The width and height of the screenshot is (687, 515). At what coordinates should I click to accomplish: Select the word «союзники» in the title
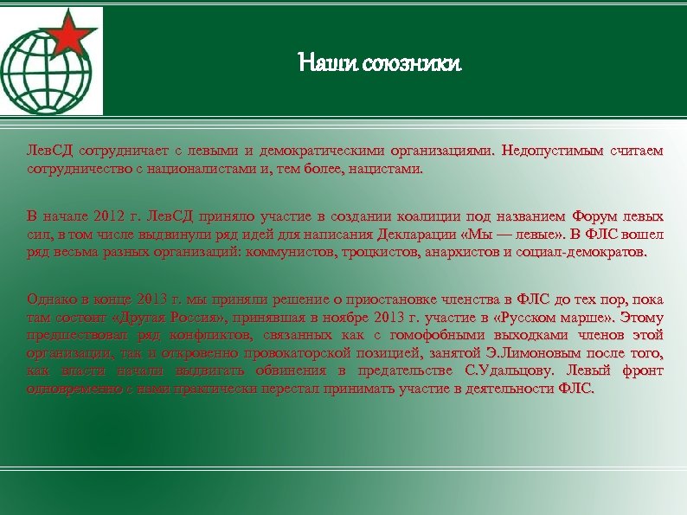coord(408,63)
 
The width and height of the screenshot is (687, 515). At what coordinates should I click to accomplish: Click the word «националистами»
coord(208,169)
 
